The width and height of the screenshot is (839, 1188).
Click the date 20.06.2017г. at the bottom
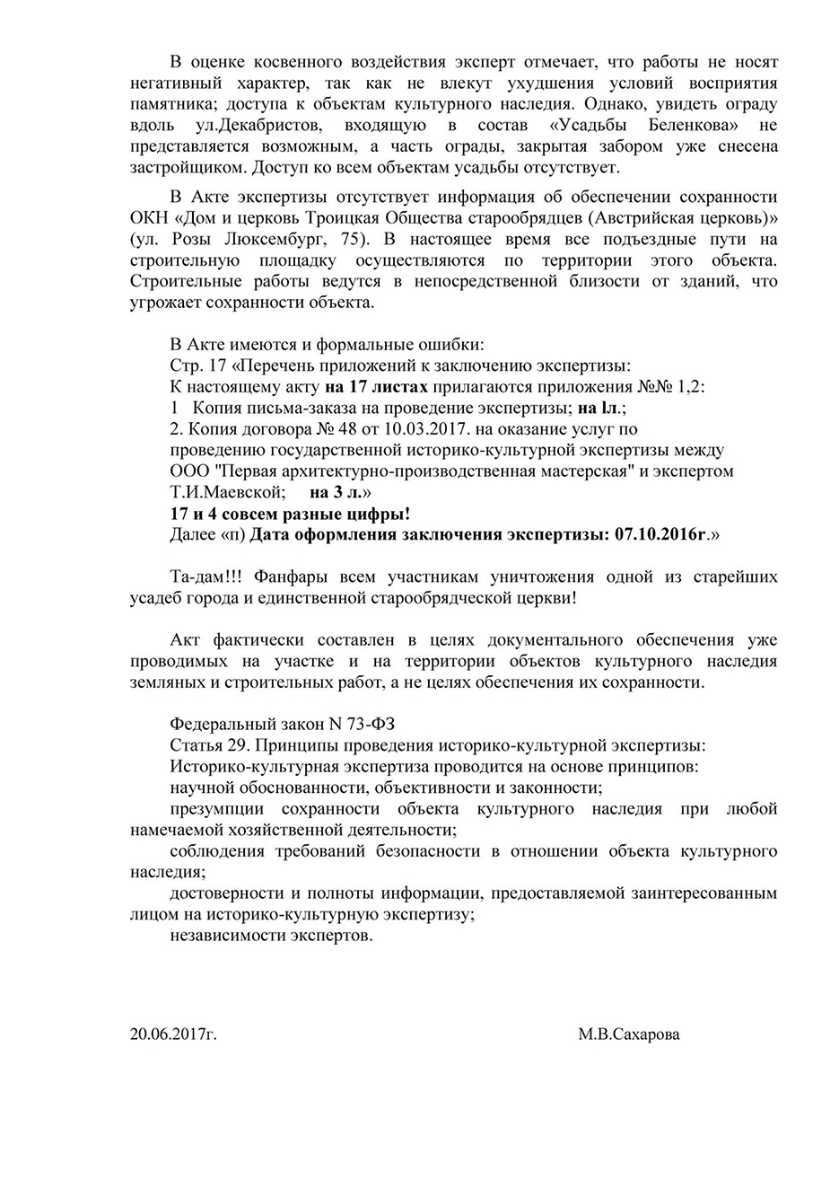pyautogui.click(x=173, y=1034)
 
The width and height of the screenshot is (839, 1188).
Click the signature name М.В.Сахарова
pyautogui.click(x=629, y=1034)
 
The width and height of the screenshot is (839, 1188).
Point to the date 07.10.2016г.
pyautogui.click(x=661, y=534)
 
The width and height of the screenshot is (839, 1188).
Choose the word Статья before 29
pyautogui.click(x=196, y=745)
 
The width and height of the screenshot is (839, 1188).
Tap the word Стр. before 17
pyautogui.click(x=186, y=366)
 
